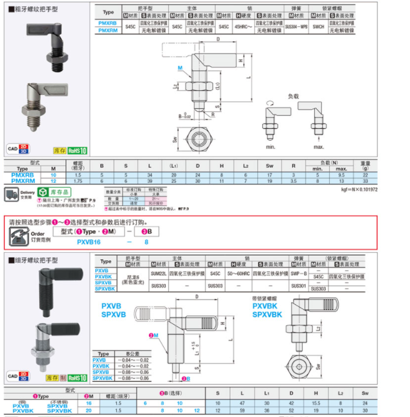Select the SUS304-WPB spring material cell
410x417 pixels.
[x=297, y=26]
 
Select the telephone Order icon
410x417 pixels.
[x=18, y=236]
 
